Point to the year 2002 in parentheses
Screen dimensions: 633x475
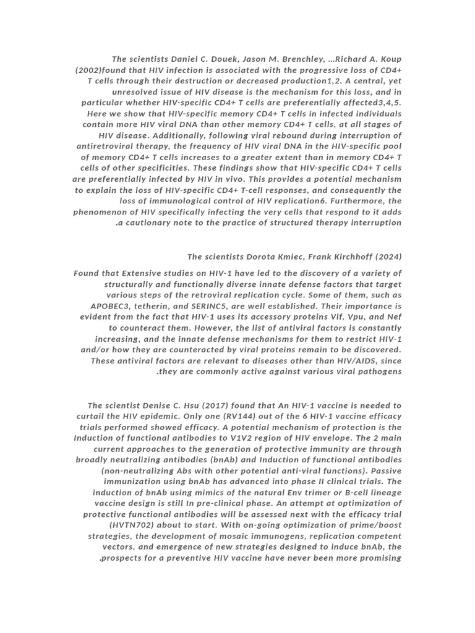click(x=88, y=70)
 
